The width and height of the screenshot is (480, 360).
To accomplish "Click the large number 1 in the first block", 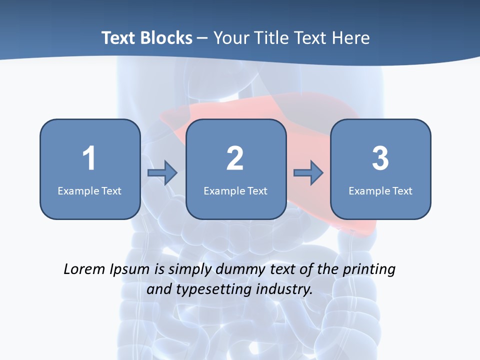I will click(x=89, y=158).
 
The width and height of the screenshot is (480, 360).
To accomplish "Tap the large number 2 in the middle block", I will click(x=235, y=158).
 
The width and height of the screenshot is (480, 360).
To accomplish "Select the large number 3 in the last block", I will click(x=380, y=158).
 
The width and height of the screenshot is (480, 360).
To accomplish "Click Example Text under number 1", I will click(x=89, y=190).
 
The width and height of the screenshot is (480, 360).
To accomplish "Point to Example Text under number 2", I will click(x=235, y=190).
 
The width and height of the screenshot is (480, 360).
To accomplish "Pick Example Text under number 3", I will click(x=380, y=190).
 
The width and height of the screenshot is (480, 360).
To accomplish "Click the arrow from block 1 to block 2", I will click(x=162, y=173).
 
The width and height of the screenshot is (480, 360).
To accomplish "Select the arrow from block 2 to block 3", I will click(x=308, y=173).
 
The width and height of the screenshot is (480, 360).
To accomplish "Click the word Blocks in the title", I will click(x=168, y=38).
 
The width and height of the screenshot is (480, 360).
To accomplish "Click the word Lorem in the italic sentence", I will click(x=85, y=269).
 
